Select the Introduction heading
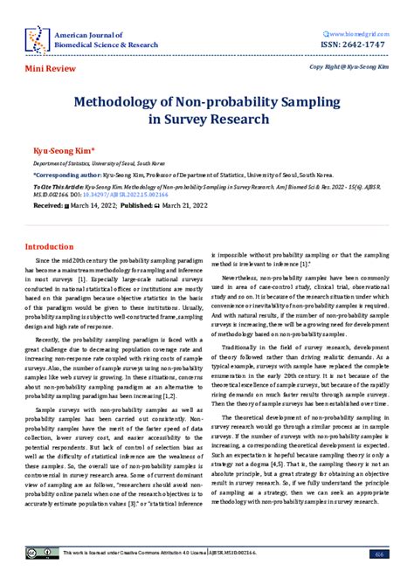coord(49,247)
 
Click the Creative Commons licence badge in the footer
coord(42,554)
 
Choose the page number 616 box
coord(378,554)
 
